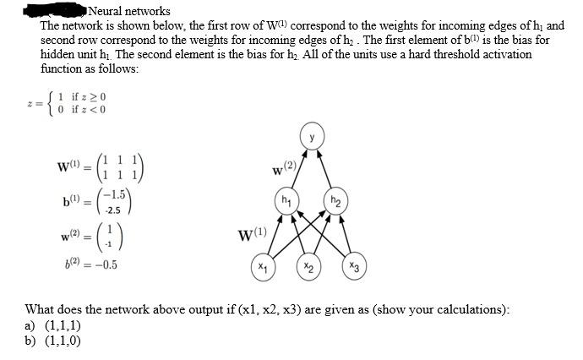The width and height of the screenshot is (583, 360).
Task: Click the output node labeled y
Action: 311,137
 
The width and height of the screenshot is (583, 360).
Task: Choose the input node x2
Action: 309,267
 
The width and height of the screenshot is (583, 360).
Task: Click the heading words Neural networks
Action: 129,11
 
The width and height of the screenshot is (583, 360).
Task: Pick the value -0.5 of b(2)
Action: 101,264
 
